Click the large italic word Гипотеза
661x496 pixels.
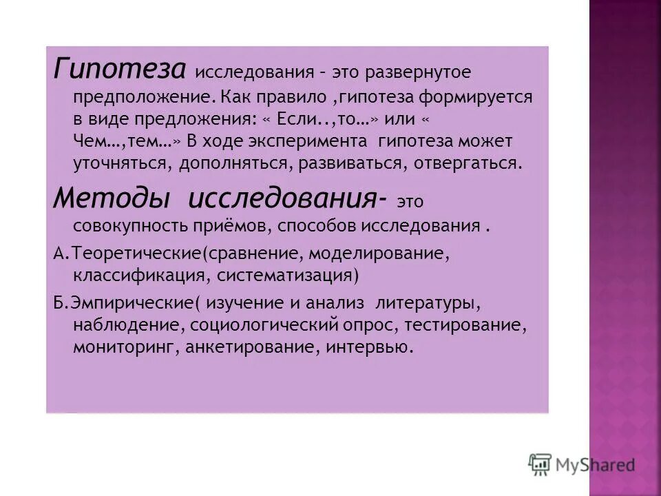coord(118,70)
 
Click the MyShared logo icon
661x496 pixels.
coord(540,464)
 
